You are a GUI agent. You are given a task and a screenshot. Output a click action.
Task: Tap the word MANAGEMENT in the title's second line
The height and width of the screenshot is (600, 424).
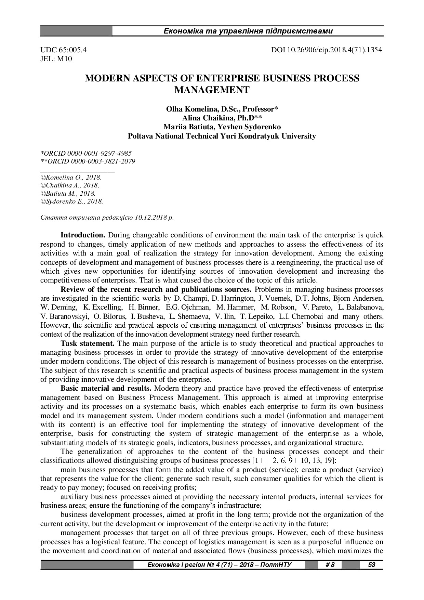212,90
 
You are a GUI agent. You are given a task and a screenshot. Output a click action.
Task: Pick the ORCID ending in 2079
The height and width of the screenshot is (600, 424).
88,161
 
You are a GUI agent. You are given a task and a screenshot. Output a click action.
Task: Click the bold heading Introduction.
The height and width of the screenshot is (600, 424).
82,235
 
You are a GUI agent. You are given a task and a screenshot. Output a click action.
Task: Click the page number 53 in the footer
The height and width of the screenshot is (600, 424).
371,564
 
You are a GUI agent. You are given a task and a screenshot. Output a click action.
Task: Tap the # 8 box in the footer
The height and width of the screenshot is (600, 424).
330,564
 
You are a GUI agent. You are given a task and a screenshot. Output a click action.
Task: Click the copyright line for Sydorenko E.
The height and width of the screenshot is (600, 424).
72,201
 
